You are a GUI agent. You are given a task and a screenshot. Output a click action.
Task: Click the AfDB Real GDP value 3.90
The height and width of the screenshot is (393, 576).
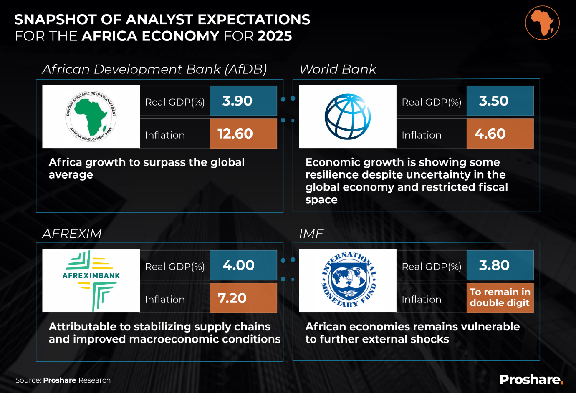(x=237, y=101)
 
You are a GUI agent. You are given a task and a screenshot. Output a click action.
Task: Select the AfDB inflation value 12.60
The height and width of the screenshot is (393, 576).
(x=235, y=134)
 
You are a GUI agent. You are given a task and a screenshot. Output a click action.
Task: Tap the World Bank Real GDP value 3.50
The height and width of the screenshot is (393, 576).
(x=493, y=101)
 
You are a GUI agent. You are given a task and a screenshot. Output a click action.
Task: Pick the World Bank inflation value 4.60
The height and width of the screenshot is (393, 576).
(x=490, y=134)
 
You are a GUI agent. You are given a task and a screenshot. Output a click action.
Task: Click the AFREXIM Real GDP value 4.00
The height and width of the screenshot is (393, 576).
(x=238, y=265)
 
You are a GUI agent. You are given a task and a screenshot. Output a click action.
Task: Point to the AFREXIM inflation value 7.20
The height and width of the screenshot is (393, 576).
(x=232, y=298)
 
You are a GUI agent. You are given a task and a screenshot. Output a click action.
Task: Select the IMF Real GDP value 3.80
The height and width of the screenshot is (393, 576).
(x=494, y=265)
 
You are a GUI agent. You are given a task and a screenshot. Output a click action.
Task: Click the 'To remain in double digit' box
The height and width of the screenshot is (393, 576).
(x=500, y=298)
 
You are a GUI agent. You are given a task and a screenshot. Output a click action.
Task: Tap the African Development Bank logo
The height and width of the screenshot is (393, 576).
(x=91, y=117)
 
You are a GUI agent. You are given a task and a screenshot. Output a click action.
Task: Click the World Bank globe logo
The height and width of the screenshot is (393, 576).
(x=348, y=117)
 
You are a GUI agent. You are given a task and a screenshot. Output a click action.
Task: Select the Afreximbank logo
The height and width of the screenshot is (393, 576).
(x=91, y=281)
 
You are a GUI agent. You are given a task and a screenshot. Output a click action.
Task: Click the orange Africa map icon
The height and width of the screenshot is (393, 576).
(x=542, y=23)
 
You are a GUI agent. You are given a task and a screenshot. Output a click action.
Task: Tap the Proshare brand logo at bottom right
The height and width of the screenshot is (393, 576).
(x=531, y=380)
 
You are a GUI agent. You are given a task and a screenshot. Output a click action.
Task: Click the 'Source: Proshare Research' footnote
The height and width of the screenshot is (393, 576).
(x=63, y=380)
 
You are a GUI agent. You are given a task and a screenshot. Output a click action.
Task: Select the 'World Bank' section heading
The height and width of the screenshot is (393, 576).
(x=338, y=69)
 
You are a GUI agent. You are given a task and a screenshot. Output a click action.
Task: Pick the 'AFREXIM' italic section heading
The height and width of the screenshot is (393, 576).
(x=72, y=234)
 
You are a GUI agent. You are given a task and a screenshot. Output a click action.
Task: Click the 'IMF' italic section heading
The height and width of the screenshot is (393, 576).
(x=311, y=234)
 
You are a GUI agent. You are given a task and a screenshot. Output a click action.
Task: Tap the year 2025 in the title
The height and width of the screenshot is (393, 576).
(x=275, y=36)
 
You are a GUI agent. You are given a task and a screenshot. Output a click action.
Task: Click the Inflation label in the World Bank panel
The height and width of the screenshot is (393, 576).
(x=422, y=135)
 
